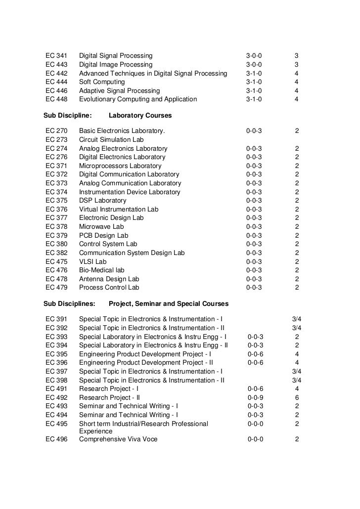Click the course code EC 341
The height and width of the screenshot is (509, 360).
tap(56, 56)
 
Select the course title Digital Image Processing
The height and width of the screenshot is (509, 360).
tap(116, 65)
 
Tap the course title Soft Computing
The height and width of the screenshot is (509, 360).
tap(102, 82)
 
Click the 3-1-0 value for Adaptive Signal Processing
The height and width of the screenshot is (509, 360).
tap(254, 91)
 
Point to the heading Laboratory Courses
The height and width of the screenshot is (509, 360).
tap(140, 116)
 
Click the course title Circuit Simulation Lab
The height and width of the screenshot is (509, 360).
tap(111, 140)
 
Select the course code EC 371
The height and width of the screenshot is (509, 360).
tap(56, 166)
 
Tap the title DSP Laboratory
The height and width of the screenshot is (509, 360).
tap(103, 201)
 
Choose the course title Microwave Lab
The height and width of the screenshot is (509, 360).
tap(101, 227)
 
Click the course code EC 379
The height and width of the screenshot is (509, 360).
tap(56, 235)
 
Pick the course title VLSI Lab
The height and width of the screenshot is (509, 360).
tap(92, 261)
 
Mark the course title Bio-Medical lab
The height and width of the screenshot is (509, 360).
tap(102, 270)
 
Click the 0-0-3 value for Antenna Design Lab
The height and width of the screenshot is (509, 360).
tap(254, 279)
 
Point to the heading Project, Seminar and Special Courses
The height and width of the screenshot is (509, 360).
tap(169, 302)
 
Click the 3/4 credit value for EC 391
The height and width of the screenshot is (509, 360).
tap(297, 319)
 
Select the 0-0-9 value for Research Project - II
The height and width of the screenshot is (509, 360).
tap(256, 397)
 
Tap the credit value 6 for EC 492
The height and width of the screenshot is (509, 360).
tap(297, 397)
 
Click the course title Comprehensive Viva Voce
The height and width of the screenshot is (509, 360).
tap(118, 439)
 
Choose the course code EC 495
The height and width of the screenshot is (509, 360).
tap(56, 424)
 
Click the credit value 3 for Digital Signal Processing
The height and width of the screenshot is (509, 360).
tap(296, 56)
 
